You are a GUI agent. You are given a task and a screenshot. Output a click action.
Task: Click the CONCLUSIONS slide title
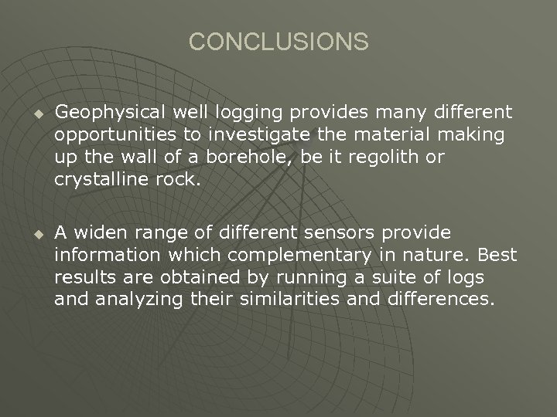(x=278, y=42)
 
